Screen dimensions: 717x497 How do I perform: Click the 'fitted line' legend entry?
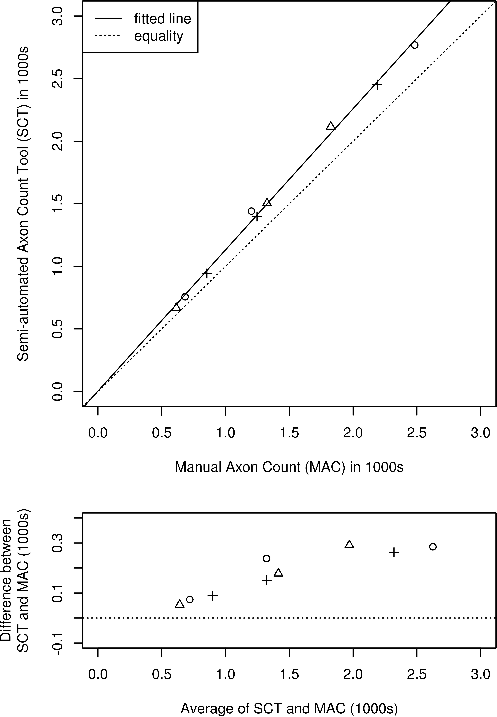pos(162,19)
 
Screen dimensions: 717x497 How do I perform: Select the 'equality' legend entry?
pos(159,36)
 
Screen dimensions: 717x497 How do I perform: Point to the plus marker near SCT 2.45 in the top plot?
pos(377,84)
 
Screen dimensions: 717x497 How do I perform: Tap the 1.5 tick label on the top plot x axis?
pos(289,433)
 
